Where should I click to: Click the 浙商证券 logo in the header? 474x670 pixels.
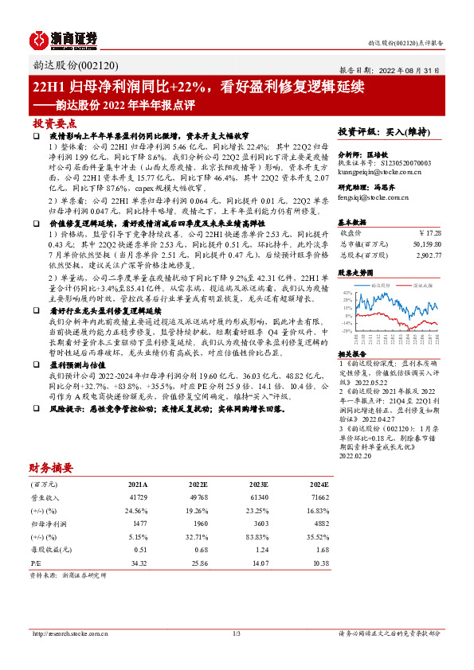coord(63,37)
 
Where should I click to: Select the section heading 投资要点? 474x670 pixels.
coord(55,123)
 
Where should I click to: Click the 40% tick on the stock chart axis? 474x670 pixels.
coord(347,292)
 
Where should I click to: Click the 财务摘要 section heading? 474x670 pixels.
coord(51,467)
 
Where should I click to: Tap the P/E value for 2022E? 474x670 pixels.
coord(198,562)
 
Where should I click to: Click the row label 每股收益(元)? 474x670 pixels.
coord(48,549)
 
